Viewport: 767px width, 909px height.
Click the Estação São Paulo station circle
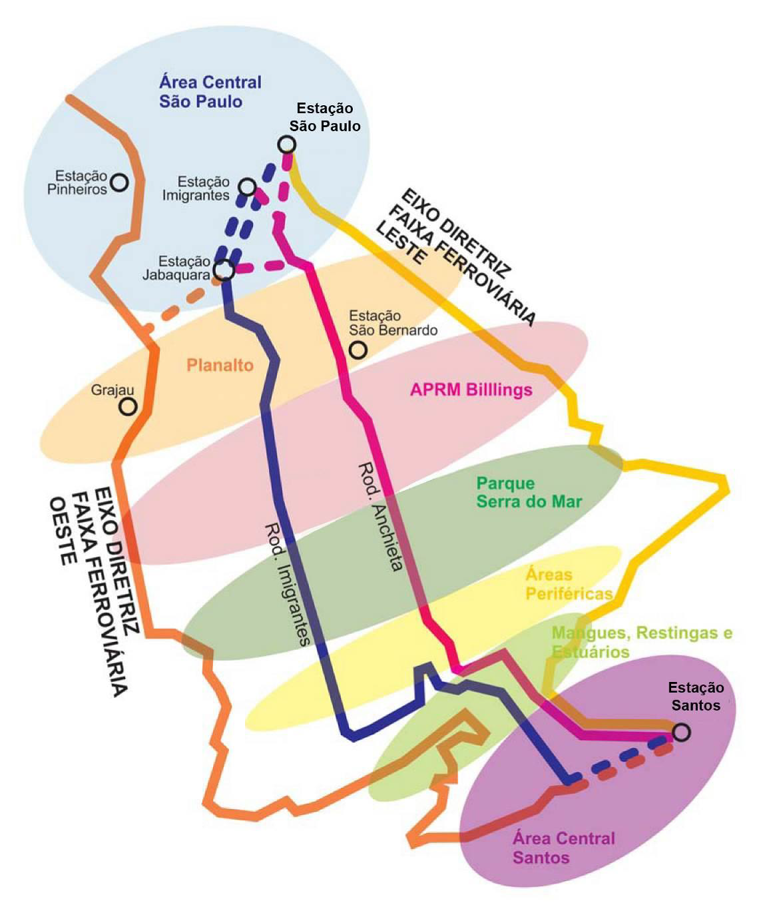coord(287,144)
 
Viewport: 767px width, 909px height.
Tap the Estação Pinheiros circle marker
coord(119,182)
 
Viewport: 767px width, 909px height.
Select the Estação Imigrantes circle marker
coord(247,187)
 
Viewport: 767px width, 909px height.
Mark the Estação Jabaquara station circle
coord(223,269)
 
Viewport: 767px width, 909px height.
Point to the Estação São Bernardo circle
coord(360,349)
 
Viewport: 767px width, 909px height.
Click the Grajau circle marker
coord(128,406)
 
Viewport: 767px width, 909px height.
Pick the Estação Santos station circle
coord(680,733)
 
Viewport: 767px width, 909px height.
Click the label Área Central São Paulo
coord(210,92)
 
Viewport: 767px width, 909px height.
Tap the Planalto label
coord(220,365)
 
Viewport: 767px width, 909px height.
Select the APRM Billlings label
coord(471,390)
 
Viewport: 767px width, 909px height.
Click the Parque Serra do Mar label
coord(529,492)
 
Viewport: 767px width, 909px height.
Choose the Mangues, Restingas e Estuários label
coord(641,641)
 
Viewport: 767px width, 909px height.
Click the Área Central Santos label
coord(563,847)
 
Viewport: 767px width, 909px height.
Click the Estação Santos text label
coord(696,696)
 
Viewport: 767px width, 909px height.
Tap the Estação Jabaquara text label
coord(184,267)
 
